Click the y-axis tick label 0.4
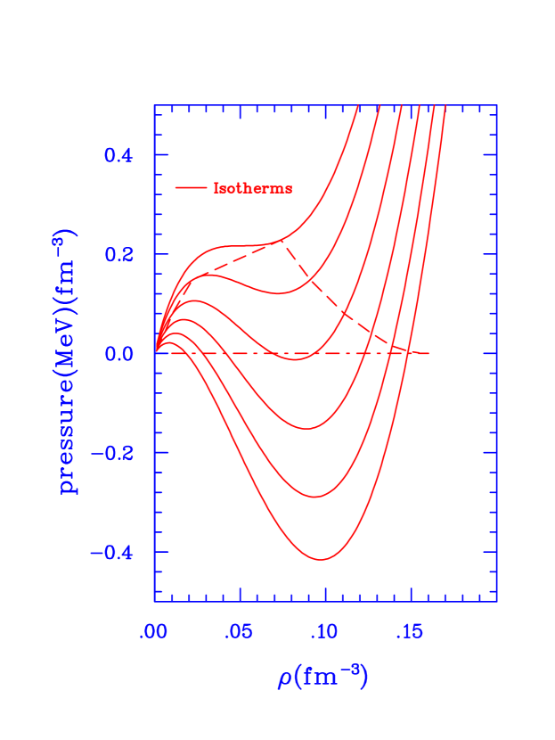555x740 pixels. (x=118, y=155)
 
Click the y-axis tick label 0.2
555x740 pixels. (x=118, y=254)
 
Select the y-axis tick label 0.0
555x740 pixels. (x=118, y=354)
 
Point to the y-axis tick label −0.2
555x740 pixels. (x=112, y=453)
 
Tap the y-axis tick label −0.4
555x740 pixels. (x=112, y=553)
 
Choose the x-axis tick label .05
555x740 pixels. (x=239, y=632)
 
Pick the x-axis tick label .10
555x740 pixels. (x=324, y=632)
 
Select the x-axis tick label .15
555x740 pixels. (x=409, y=632)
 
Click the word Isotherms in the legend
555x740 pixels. (x=252, y=188)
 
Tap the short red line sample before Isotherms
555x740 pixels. (x=191, y=188)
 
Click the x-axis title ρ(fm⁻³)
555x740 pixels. (x=322, y=678)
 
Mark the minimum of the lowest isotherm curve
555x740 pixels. (x=321, y=560)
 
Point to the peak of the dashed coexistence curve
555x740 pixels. (x=283, y=241)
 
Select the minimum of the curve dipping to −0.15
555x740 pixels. (x=307, y=429)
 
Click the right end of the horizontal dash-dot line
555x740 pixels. (x=429, y=354)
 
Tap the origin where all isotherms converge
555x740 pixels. (x=155, y=353)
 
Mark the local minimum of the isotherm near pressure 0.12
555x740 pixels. (x=278, y=293)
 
